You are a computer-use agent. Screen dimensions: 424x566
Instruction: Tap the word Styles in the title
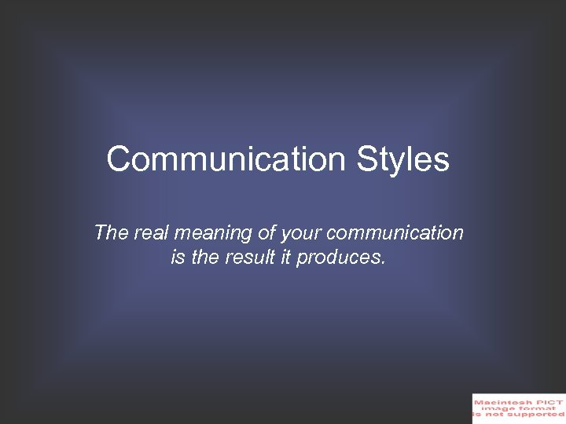404,159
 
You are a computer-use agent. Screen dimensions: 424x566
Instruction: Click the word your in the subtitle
301,233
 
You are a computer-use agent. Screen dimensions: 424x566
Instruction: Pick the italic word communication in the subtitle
395,233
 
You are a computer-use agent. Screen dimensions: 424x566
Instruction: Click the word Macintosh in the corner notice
502,402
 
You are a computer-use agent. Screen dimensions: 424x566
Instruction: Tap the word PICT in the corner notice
548,402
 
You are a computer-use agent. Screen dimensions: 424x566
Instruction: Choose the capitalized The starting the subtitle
108,233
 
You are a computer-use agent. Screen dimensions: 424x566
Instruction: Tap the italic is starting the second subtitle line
178,258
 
